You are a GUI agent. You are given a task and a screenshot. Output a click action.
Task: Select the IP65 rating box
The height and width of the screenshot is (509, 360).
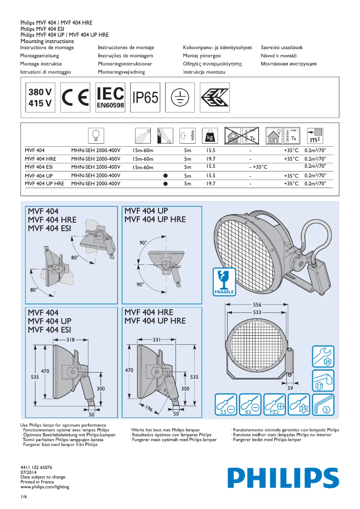(145, 97)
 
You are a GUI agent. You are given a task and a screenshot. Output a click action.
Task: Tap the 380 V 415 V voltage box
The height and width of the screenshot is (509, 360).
(40, 97)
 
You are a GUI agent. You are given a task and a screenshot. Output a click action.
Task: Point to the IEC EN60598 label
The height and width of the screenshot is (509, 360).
(110, 97)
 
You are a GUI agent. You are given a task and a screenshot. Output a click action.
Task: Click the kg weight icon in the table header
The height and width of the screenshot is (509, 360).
(210, 135)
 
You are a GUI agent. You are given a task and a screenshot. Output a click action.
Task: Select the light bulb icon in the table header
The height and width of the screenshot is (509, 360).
(96, 135)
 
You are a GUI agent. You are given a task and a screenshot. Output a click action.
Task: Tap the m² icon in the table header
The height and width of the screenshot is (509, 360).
(315, 135)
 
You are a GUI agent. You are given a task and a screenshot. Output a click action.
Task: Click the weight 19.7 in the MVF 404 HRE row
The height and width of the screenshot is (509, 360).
(211, 159)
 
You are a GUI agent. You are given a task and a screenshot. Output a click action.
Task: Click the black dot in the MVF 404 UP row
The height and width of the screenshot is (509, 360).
(165, 176)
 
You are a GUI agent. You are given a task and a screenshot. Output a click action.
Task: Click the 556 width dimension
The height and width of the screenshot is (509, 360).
(258, 305)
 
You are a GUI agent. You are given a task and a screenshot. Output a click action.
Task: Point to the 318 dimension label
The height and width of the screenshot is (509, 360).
(70, 340)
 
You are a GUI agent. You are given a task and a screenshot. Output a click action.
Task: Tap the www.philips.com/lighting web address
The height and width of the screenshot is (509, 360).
(45, 487)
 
